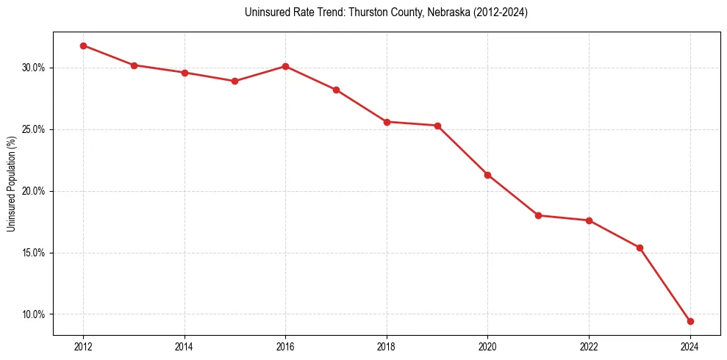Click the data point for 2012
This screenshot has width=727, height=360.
pyautogui.click(x=83, y=46)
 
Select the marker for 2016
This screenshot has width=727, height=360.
pyautogui.click(x=285, y=66)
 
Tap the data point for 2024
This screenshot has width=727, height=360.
pyautogui.click(x=690, y=321)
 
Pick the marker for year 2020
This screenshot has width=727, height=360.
pyautogui.click(x=487, y=175)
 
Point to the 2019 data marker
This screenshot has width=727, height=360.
pyautogui.click(x=437, y=126)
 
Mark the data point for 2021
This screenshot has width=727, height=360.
pyautogui.click(x=538, y=215)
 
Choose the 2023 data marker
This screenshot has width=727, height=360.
pyautogui.click(x=640, y=248)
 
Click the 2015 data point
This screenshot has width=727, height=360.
pyautogui.click(x=234, y=81)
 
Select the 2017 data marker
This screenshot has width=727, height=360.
pyautogui.click(x=336, y=90)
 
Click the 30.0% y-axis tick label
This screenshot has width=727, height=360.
pyautogui.click(x=34, y=68)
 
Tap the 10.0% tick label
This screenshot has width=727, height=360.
pyautogui.click(x=34, y=314)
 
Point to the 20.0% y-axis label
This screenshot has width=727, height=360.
pyautogui.click(x=34, y=191)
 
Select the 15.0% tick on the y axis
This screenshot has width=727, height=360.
pyautogui.click(x=34, y=253)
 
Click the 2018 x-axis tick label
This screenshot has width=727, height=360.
pyautogui.click(x=387, y=346)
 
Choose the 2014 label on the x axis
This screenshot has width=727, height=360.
pyautogui.click(x=185, y=346)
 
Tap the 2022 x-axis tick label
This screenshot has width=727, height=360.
pyautogui.click(x=589, y=346)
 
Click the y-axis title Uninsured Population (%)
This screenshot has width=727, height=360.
pyautogui.click(x=12, y=184)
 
